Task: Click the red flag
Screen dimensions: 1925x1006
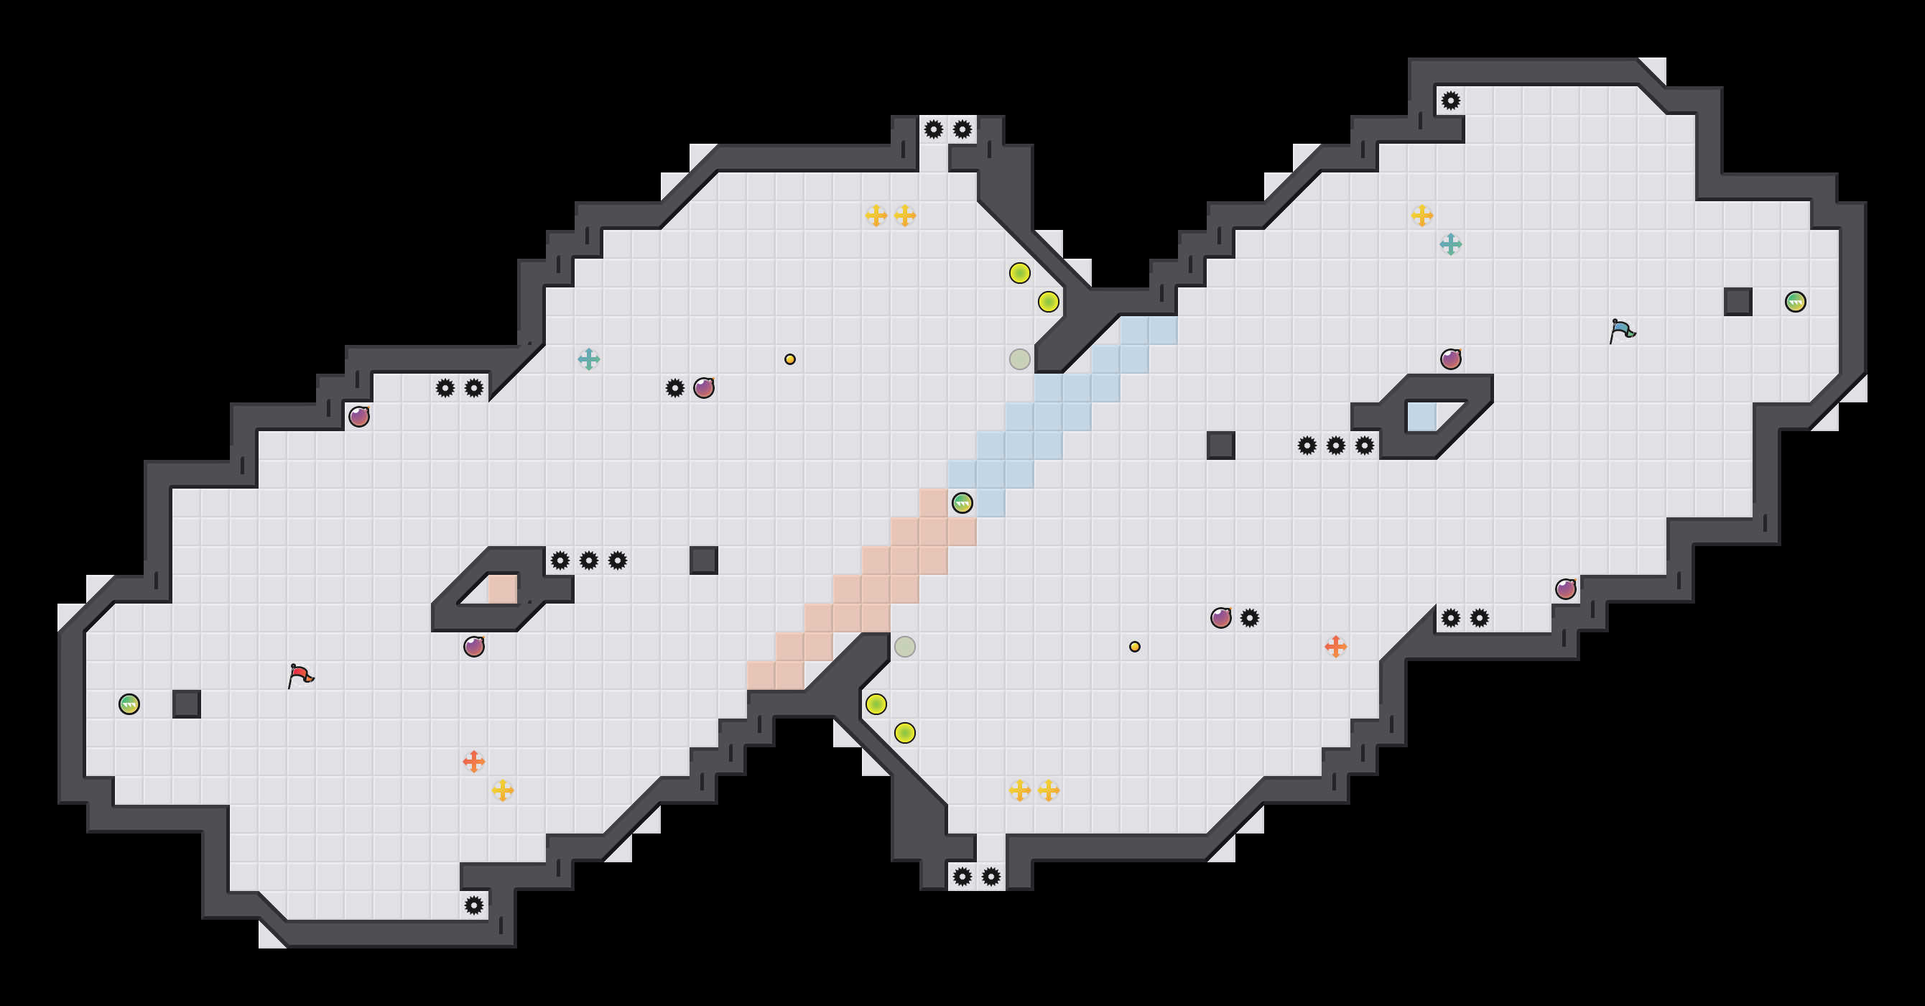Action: click(300, 675)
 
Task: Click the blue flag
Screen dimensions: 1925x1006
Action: click(1622, 330)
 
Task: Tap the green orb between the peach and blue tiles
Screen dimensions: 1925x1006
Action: click(962, 503)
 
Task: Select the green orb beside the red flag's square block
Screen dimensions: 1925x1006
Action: click(129, 704)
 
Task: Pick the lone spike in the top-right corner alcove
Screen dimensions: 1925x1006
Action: click(1450, 101)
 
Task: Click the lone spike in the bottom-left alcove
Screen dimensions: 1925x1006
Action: click(474, 906)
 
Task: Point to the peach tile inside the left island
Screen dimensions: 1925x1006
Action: click(502, 589)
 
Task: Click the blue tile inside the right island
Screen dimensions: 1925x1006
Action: click(1421, 417)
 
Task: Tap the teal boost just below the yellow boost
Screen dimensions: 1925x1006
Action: click(1450, 244)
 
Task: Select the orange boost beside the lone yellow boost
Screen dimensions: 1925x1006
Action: click(474, 762)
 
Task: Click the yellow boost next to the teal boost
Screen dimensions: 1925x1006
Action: click(1422, 216)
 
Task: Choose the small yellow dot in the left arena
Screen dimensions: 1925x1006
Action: click(790, 359)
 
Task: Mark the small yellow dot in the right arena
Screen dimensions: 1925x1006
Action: click(1134, 647)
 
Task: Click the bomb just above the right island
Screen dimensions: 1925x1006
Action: click(1450, 359)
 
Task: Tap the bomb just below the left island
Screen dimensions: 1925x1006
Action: click(474, 647)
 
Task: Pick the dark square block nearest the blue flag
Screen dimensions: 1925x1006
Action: click(1738, 302)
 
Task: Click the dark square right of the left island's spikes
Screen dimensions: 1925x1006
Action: click(703, 560)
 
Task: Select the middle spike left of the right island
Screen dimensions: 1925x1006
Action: click(1335, 446)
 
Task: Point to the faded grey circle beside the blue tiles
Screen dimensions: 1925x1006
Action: click(1019, 359)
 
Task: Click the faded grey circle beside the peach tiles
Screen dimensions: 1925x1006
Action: click(904, 647)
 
